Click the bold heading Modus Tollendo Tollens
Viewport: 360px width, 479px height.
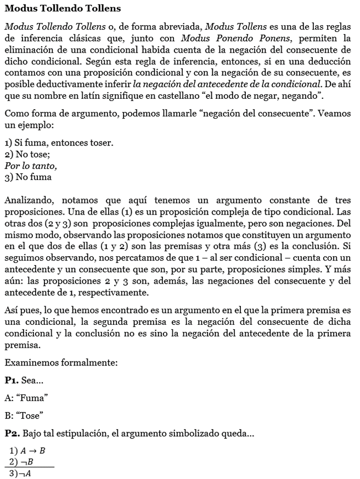[63, 9]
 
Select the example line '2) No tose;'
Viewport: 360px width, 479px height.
[27, 154]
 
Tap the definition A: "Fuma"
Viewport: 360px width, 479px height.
[26, 398]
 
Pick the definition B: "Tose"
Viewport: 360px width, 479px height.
[24, 415]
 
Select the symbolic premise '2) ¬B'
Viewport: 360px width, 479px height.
[21, 462]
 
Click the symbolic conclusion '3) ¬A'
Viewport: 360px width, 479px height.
[20, 474]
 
